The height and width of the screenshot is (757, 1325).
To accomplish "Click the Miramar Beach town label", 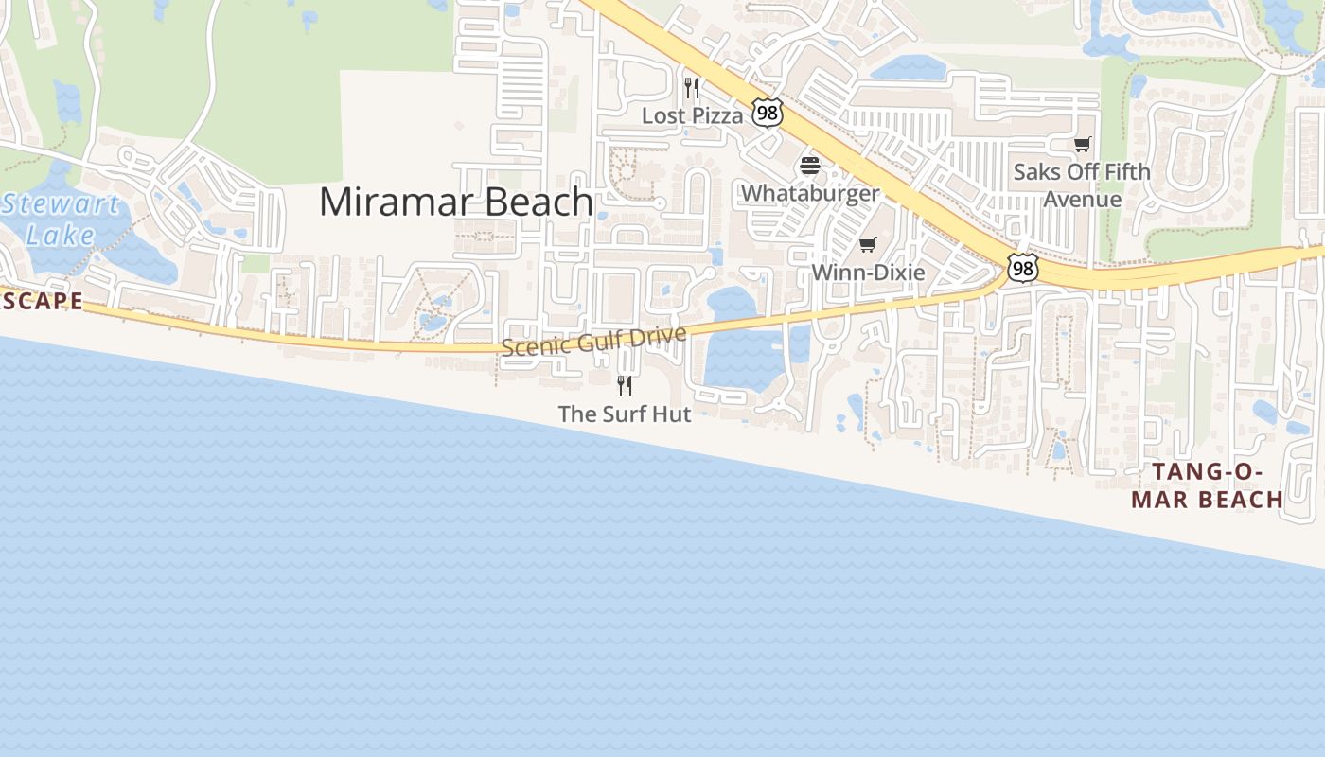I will pyautogui.click(x=456, y=202).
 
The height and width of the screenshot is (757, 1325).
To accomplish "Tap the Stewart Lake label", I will pyautogui.click(x=61, y=219).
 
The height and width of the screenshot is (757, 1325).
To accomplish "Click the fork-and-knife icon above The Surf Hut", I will pyautogui.click(x=625, y=385).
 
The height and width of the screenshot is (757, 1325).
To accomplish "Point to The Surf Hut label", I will pyautogui.click(x=625, y=414).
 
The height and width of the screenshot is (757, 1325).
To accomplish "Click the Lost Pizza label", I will pyautogui.click(x=693, y=115).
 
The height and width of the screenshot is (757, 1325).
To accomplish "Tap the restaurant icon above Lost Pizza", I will pyautogui.click(x=692, y=88).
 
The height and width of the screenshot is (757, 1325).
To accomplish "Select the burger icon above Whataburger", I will pyautogui.click(x=809, y=166).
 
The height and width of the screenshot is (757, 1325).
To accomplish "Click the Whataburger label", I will pyautogui.click(x=810, y=193).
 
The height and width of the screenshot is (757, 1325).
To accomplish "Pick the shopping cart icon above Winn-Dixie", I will pyautogui.click(x=868, y=245).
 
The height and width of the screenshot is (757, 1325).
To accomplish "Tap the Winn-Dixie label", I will pyautogui.click(x=868, y=273).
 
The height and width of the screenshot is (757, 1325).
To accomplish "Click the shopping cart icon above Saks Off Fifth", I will pyautogui.click(x=1082, y=145).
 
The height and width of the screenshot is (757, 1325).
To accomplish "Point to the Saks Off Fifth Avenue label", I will pyautogui.click(x=1082, y=185).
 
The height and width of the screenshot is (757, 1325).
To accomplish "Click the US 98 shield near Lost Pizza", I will pyautogui.click(x=768, y=114).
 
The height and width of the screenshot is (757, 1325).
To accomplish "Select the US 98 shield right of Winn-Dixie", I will pyautogui.click(x=1022, y=268).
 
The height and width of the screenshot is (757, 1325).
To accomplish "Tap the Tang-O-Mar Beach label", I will pyautogui.click(x=1208, y=485).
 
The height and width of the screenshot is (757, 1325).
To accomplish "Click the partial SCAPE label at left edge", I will pyautogui.click(x=43, y=302).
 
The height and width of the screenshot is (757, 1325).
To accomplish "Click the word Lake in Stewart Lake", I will pyautogui.click(x=61, y=235).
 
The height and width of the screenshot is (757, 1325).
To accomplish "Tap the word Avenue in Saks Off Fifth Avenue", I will pyautogui.click(x=1082, y=200).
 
